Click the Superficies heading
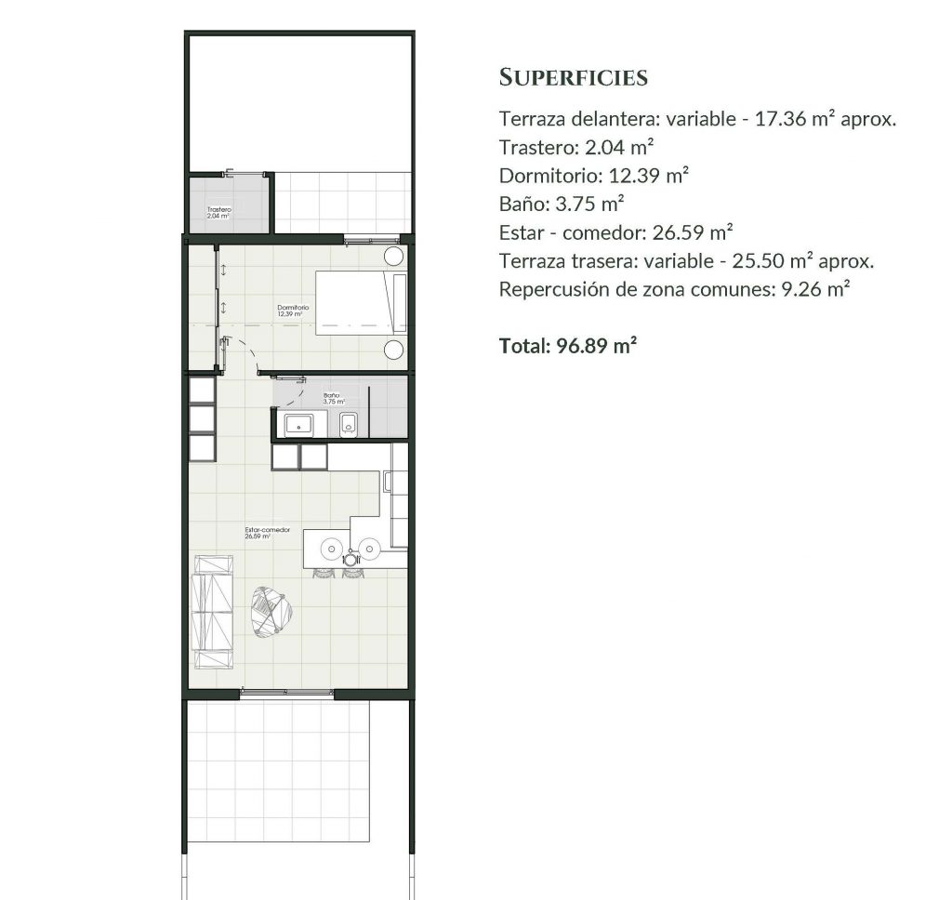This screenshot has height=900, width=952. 573,77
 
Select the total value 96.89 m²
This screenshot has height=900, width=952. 596,346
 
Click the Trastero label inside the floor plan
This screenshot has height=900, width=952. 218,210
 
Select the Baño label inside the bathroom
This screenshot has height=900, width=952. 331,396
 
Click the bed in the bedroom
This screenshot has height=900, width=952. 362,302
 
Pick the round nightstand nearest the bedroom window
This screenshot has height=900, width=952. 394,257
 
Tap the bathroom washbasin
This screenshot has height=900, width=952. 299,426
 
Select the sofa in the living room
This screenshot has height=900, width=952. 212,612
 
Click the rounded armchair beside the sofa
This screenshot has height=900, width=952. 272,610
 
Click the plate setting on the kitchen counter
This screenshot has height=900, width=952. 350,560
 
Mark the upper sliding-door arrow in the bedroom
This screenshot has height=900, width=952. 223,271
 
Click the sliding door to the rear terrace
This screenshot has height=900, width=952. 285,693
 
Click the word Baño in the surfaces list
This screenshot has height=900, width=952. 522,204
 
